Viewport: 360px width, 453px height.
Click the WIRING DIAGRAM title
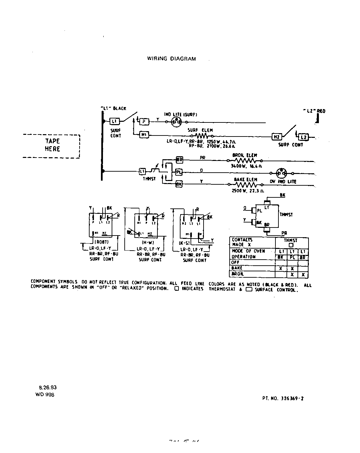point(171,59)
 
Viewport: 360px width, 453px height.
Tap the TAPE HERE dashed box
point(52,145)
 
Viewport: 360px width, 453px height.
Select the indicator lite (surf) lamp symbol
point(176,122)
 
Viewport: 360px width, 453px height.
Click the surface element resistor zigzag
point(202,136)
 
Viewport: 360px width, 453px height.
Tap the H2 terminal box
point(277,137)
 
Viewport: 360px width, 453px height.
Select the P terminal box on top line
point(144,121)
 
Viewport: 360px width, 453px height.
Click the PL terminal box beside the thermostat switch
point(179,172)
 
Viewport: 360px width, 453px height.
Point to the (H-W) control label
point(147,242)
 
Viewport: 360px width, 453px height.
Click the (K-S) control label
point(185,243)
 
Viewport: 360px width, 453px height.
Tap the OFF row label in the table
point(235,262)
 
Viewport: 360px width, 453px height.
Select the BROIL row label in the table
point(237,274)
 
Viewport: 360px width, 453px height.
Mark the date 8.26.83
point(48,387)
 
